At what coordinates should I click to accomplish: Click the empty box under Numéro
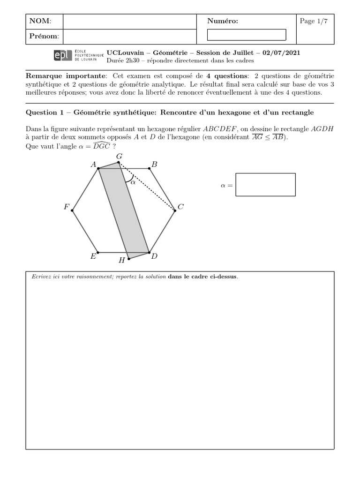tap(247, 35)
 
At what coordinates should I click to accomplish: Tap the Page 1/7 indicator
tap(314, 21)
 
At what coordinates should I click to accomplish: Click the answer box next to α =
tap(266, 185)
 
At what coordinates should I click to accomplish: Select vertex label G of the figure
tap(119, 156)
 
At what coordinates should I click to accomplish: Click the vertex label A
tap(93, 165)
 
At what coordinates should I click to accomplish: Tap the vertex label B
tap(154, 164)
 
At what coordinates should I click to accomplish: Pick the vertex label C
tap(180, 207)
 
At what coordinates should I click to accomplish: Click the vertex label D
tap(154, 256)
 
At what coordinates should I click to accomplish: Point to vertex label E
tap(93, 256)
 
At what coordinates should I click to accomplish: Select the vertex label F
tap(67, 207)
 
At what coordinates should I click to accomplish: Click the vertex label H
tap(121, 260)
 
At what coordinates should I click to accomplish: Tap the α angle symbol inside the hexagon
tap(133, 183)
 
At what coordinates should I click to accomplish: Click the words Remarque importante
tap(66, 76)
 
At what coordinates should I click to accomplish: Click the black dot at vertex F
tap(72, 210)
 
